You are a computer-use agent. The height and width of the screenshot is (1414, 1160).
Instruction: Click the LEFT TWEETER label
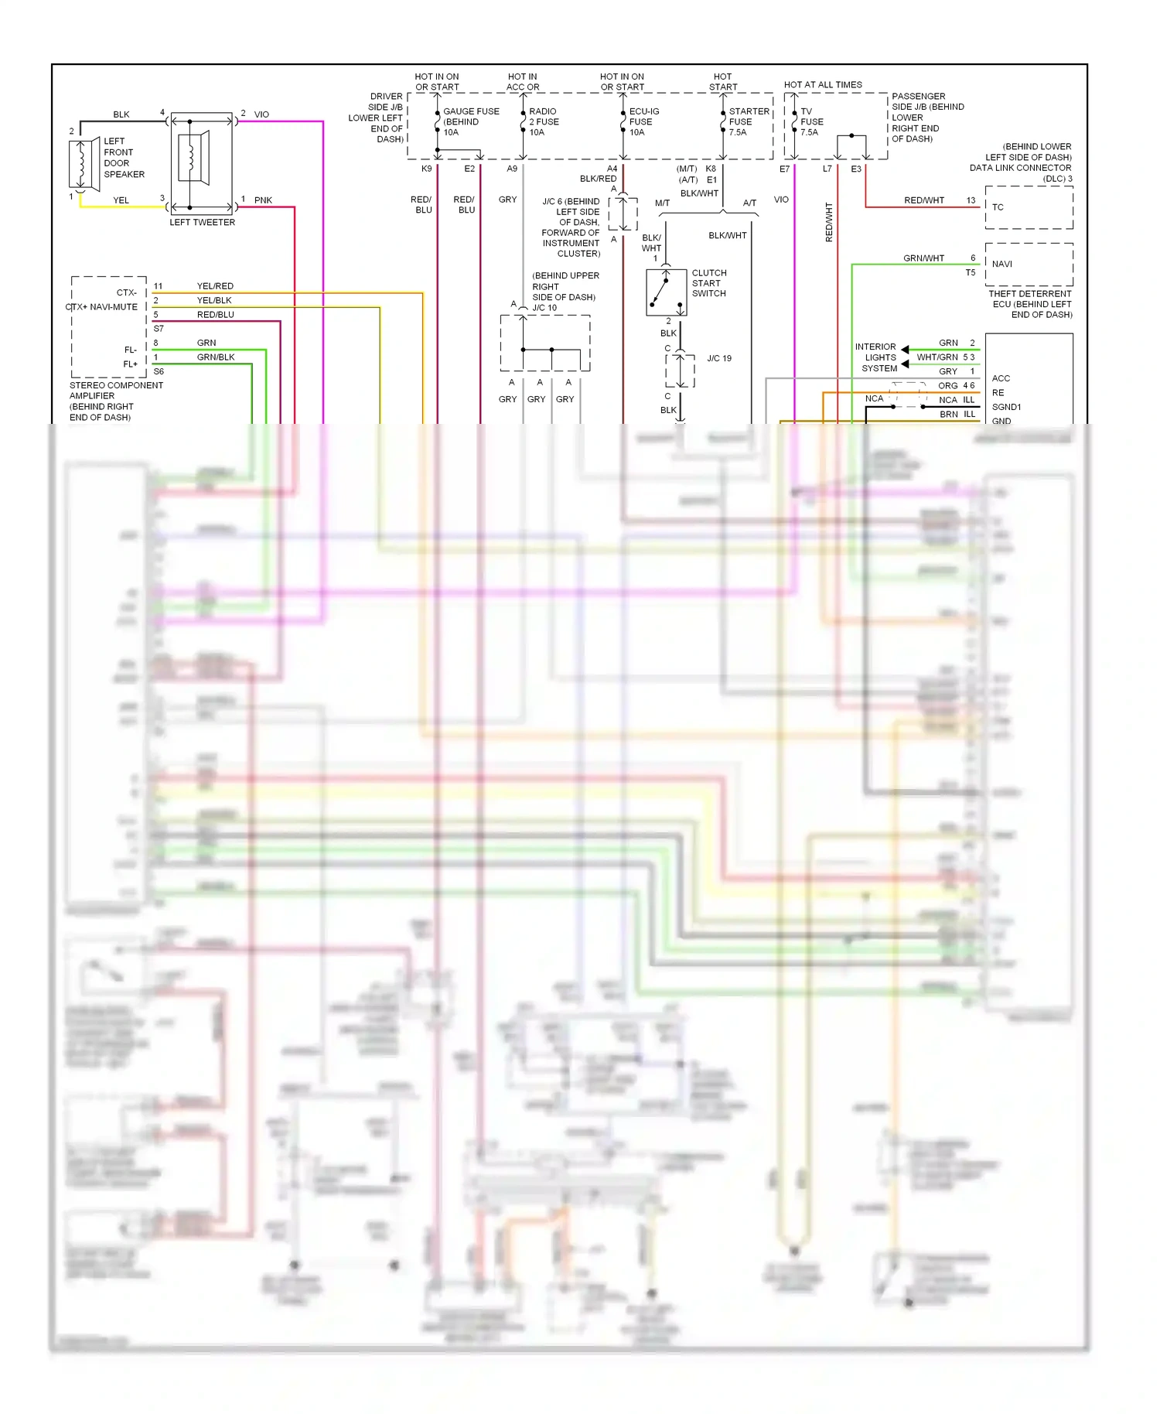(202, 222)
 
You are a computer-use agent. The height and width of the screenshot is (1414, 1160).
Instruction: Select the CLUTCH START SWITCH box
(666, 292)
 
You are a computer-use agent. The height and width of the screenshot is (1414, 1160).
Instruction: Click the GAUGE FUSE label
(471, 111)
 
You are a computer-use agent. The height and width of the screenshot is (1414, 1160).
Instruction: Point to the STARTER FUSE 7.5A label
(749, 121)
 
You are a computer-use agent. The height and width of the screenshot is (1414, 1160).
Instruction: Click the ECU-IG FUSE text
(643, 117)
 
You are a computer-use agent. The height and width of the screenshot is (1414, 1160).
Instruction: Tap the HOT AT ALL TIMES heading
(823, 85)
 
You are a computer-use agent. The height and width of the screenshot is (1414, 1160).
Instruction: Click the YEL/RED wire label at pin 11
(215, 286)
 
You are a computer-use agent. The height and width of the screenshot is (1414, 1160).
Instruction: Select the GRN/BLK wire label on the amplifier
(216, 357)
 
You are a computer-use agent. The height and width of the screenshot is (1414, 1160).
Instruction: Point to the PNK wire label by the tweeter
(263, 200)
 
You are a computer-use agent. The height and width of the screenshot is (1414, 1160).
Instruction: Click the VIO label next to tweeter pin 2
(261, 114)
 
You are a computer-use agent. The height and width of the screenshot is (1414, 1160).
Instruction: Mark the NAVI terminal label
(1002, 264)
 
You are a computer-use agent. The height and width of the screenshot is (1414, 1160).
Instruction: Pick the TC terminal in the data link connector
(998, 207)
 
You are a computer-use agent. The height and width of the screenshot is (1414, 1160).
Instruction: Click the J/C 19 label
(719, 359)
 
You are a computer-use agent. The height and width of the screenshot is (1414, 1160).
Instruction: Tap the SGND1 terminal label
(1006, 407)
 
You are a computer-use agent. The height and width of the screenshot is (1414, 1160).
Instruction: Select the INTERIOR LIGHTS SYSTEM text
(876, 357)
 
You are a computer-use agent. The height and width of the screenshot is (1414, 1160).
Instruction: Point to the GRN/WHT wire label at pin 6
(923, 258)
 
